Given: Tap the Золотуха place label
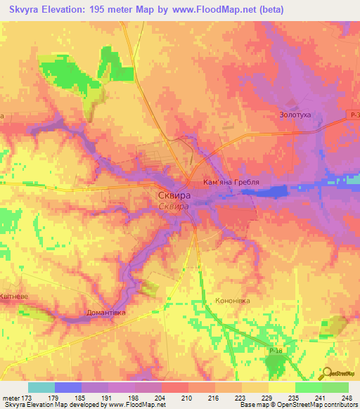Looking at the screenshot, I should coord(295,115).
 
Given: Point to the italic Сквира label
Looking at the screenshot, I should coord(172,207).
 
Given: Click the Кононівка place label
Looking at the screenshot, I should coord(232,300).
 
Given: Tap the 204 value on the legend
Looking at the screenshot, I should coord(162,398).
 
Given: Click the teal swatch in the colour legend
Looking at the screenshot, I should coord(41,387).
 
